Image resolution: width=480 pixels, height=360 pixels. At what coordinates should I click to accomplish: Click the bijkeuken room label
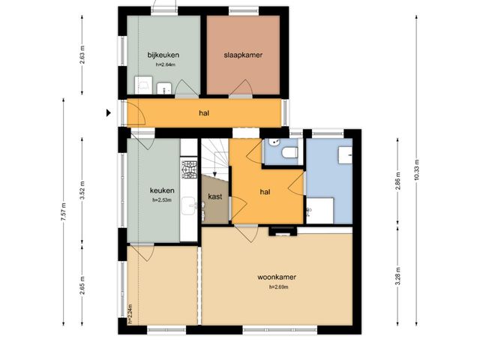click(163, 55)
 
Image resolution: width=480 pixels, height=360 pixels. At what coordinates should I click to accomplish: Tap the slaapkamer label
click(243, 55)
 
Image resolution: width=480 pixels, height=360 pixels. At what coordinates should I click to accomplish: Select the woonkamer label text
click(277, 277)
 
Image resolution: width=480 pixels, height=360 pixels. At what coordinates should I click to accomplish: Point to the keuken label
click(162, 190)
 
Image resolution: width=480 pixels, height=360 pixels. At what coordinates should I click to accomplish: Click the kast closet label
click(215, 196)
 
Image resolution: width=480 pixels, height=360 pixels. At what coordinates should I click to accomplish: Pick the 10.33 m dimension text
click(417, 170)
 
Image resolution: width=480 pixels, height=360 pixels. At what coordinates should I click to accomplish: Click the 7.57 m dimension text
click(64, 211)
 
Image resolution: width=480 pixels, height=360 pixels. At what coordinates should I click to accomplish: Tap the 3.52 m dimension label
click(82, 190)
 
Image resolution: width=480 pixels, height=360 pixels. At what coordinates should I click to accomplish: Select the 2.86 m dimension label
click(397, 181)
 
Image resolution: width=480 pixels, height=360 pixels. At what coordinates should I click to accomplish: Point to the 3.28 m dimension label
click(397, 276)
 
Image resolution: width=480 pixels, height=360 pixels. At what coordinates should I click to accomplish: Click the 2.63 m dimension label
click(82, 55)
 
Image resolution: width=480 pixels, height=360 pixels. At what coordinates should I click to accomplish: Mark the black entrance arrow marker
click(108, 113)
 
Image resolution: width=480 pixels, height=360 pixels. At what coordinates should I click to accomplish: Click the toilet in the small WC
click(289, 152)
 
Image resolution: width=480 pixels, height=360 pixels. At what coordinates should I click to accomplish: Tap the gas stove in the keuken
click(189, 169)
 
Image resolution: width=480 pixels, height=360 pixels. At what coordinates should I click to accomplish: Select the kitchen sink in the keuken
click(188, 205)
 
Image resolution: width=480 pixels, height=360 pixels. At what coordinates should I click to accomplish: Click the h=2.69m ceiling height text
click(278, 287)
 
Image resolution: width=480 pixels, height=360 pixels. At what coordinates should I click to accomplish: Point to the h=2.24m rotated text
click(130, 314)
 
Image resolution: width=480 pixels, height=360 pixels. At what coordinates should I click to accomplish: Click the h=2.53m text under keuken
click(162, 200)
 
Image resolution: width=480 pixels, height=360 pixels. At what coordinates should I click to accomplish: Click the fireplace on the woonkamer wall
click(283, 232)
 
